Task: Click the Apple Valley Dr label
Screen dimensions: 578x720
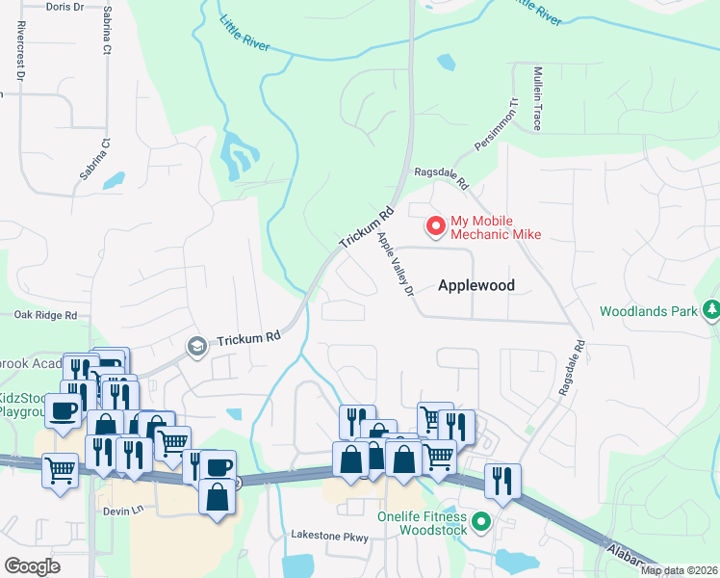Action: tap(396, 263)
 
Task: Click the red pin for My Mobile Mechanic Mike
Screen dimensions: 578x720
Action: tap(436, 225)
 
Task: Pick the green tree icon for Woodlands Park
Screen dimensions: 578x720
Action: tap(711, 310)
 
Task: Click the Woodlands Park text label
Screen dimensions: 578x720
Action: tap(648, 311)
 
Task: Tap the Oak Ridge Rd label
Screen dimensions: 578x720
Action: tap(45, 315)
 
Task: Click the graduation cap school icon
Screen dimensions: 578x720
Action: tap(197, 346)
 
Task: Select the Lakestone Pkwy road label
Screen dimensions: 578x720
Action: tap(330, 536)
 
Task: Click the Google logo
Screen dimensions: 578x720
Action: tap(32, 565)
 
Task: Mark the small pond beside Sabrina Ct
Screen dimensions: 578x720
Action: tap(114, 180)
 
